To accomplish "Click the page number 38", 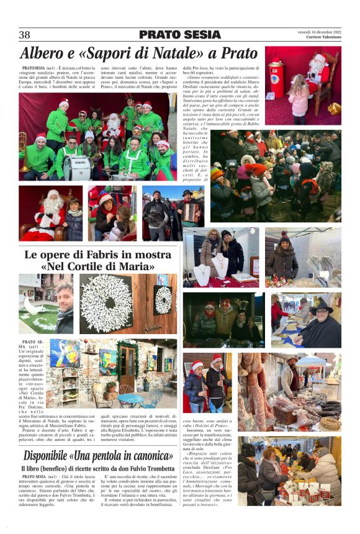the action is coord(25,35).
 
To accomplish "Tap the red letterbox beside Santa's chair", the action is coord(276,80).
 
